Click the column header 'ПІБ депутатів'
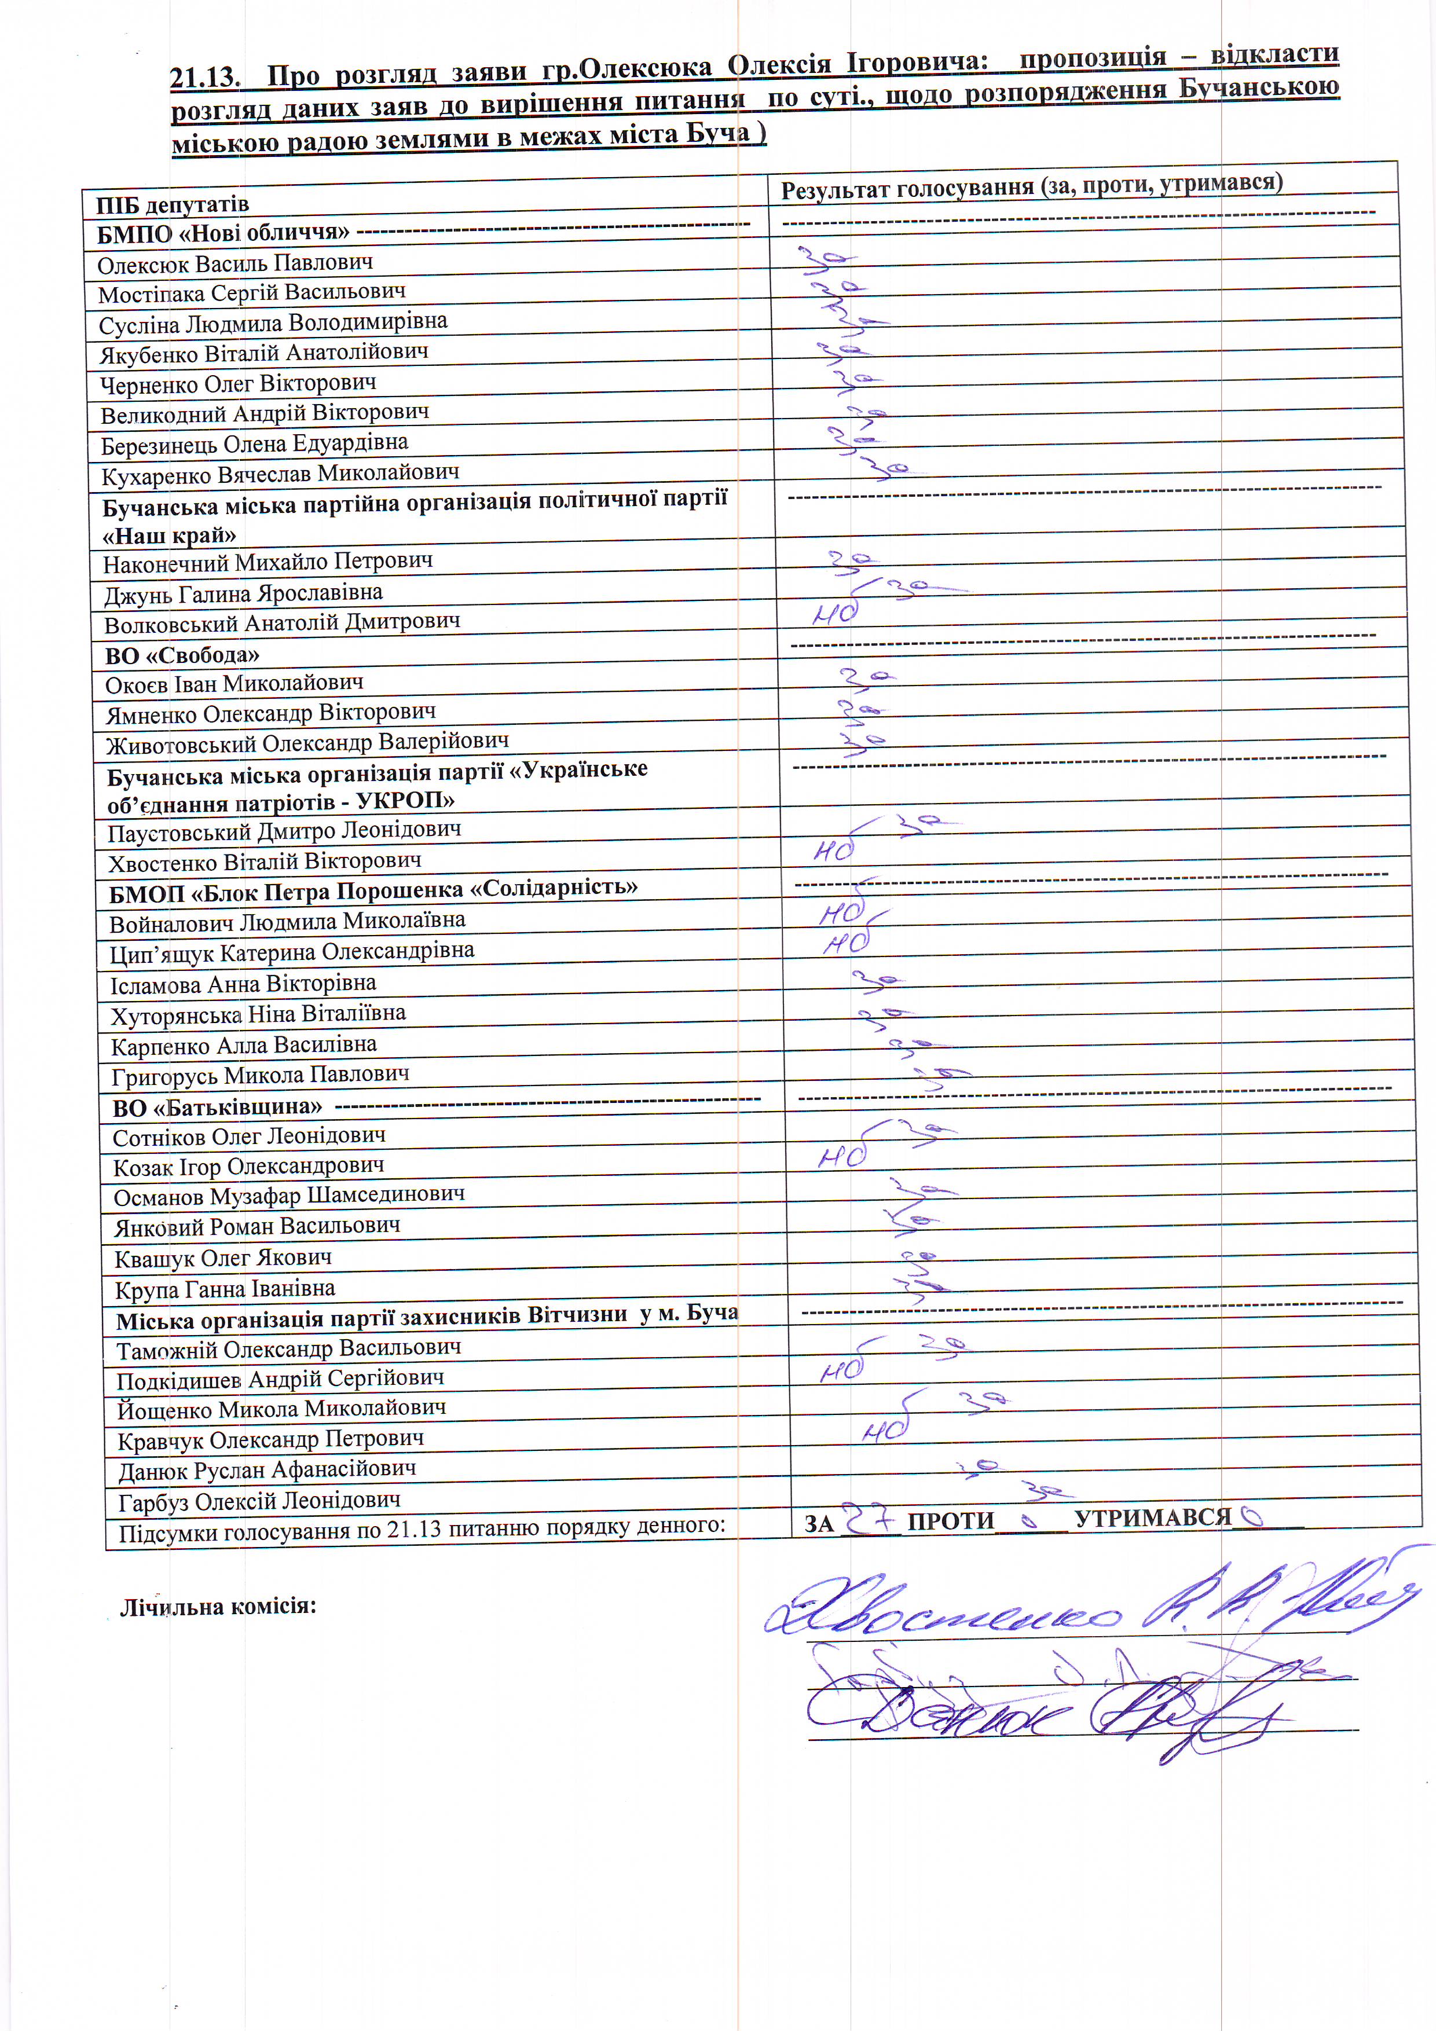173,205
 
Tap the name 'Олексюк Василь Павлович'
235,263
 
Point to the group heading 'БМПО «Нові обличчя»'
223,233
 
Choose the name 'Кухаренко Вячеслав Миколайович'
280,474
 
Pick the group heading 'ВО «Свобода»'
181,655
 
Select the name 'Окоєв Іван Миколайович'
233,684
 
